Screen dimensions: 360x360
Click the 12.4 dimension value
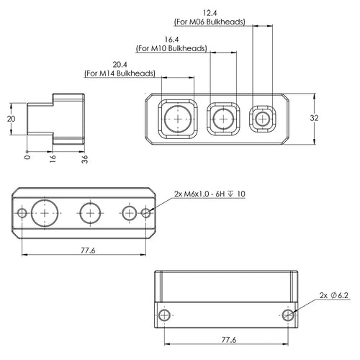210,13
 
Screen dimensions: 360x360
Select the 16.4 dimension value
171,40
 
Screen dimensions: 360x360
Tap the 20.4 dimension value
120,65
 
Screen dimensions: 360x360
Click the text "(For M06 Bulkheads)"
210,22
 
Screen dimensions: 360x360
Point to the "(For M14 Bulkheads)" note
120,73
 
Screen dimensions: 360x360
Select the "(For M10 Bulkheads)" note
171,48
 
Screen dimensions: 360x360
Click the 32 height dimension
314,118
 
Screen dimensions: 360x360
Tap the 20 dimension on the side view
11,119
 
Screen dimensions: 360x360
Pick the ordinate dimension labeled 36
85,159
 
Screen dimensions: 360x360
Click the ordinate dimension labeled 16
53,159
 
